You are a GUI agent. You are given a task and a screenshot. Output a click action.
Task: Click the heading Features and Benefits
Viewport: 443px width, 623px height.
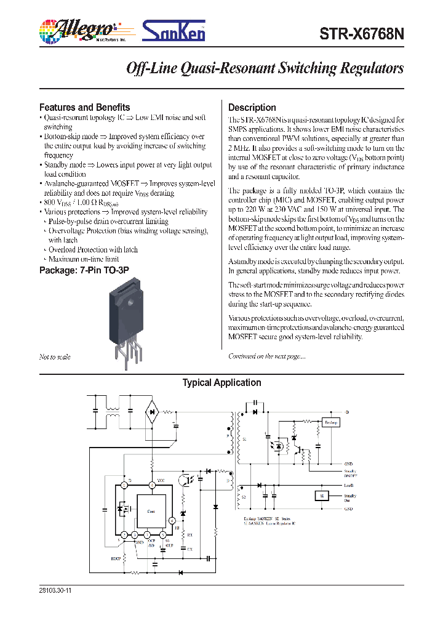84,107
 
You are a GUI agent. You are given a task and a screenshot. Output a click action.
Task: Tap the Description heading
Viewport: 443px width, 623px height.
252,107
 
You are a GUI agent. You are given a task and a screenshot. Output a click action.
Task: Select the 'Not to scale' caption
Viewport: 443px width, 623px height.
55,357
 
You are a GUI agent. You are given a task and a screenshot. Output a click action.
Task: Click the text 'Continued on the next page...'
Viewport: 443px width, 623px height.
266,356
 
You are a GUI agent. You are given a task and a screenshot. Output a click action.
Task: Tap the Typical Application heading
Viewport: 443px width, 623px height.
221,383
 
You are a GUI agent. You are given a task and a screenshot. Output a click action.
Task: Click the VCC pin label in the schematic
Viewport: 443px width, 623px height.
161,480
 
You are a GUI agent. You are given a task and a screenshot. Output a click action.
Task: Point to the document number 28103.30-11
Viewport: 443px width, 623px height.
55,589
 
